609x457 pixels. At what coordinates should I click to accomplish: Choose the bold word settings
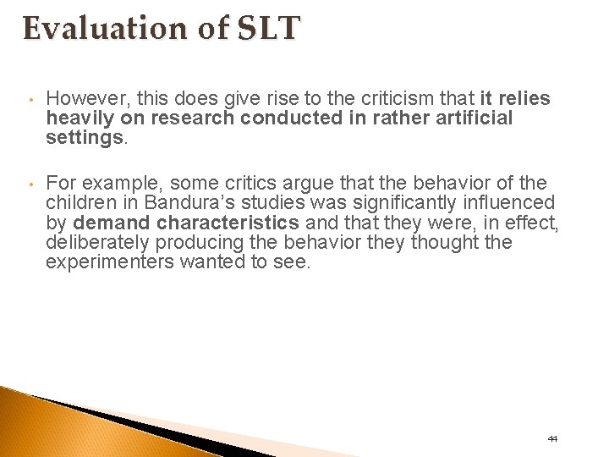[85, 136]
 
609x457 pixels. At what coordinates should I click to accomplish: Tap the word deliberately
[92, 243]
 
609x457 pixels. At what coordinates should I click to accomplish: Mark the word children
[79, 203]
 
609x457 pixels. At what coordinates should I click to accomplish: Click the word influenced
[499, 203]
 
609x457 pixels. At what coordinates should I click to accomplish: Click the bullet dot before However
[28, 100]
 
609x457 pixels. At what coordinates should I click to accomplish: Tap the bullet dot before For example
[28, 184]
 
